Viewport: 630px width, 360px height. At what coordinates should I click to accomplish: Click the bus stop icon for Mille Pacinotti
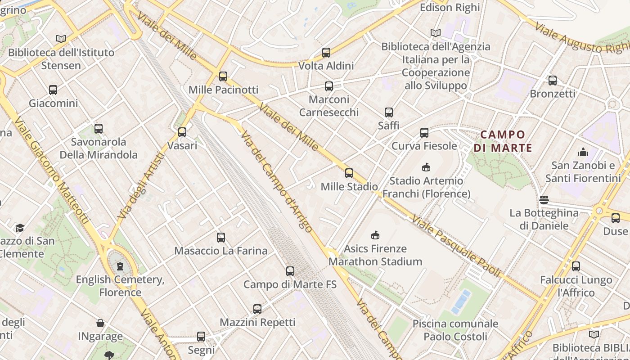click(x=223, y=76)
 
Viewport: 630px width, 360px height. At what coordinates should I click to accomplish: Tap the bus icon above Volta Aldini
click(x=326, y=53)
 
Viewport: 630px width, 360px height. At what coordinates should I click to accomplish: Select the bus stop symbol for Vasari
click(x=182, y=132)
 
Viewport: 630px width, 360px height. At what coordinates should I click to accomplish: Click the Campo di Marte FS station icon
click(x=290, y=271)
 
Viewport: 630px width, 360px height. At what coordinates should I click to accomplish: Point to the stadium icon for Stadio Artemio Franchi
click(x=426, y=167)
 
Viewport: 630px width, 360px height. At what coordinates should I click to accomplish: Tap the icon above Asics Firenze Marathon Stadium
click(x=375, y=235)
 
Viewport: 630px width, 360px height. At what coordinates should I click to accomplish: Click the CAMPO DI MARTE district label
click(x=503, y=141)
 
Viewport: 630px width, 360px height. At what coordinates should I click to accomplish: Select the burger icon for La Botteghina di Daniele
click(x=544, y=200)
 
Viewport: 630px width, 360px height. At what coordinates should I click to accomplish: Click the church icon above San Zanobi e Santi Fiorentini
click(x=583, y=152)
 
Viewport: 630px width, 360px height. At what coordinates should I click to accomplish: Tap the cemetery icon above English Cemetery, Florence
click(x=120, y=266)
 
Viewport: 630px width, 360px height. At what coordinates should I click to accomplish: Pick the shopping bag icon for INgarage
click(x=100, y=323)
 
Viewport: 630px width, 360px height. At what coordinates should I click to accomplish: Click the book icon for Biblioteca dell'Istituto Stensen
click(x=61, y=39)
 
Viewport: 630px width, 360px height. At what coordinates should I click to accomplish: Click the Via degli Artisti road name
click(x=141, y=185)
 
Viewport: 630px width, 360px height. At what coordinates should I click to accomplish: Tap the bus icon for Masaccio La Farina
click(x=221, y=238)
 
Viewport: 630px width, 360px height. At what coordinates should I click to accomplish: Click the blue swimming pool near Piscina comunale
click(x=461, y=301)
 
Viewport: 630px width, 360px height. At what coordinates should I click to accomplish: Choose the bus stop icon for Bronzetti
click(x=553, y=81)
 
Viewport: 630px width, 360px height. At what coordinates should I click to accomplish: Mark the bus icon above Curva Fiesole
click(x=424, y=133)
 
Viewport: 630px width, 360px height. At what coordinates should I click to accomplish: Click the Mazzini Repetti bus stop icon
click(x=257, y=309)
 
